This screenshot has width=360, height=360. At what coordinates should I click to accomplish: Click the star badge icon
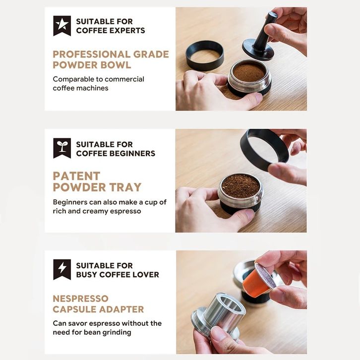[x=62, y=25]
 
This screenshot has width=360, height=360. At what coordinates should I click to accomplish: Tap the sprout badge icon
[x=62, y=148]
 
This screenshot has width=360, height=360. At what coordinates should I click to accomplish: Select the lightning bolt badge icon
[x=62, y=269]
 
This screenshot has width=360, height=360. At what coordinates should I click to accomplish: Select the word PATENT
[x=76, y=176]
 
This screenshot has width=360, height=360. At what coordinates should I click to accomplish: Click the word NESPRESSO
[x=81, y=299]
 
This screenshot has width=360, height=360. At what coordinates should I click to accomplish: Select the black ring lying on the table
[x=205, y=56]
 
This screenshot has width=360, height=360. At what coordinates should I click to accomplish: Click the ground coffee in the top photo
[x=249, y=72]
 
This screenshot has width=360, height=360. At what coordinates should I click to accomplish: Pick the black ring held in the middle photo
[x=264, y=150]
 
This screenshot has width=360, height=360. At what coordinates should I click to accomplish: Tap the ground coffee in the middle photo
[x=240, y=185]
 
